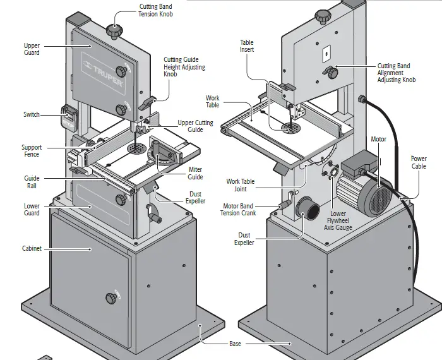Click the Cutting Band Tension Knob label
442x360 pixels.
point(155,10)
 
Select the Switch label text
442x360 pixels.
point(32,114)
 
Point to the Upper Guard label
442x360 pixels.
point(32,49)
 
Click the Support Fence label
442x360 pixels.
point(32,151)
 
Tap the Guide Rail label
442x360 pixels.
point(32,183)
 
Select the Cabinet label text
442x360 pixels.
point(32,248)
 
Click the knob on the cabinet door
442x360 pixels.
point(112,296)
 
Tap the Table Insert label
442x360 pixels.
point(246,47)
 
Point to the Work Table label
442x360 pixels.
point(213,102)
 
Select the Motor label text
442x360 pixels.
point(378,139)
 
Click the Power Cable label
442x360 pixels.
point(419,162)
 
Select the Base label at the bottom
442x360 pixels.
point(235,344)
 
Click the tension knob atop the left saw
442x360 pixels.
point(114,30)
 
